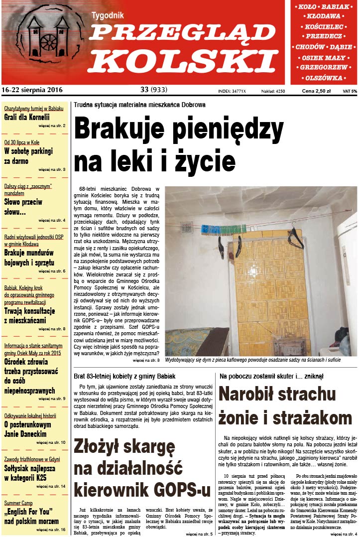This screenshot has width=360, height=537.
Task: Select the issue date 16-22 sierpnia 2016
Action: tap(32, 90)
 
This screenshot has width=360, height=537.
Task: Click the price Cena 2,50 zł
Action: tap(316, 91)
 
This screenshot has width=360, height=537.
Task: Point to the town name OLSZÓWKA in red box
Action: tap(324, 78)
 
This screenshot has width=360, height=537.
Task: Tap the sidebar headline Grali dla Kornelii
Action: tap(27, 118)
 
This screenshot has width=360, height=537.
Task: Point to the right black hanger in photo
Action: tap(295, 240)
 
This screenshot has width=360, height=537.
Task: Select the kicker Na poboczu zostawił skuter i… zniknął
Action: tap(271, 376)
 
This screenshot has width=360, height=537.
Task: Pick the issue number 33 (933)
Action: tap(154, 90)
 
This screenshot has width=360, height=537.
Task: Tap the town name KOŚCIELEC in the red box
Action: tap(324, 26)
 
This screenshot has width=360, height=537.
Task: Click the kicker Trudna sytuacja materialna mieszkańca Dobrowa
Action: tap(139, 105)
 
